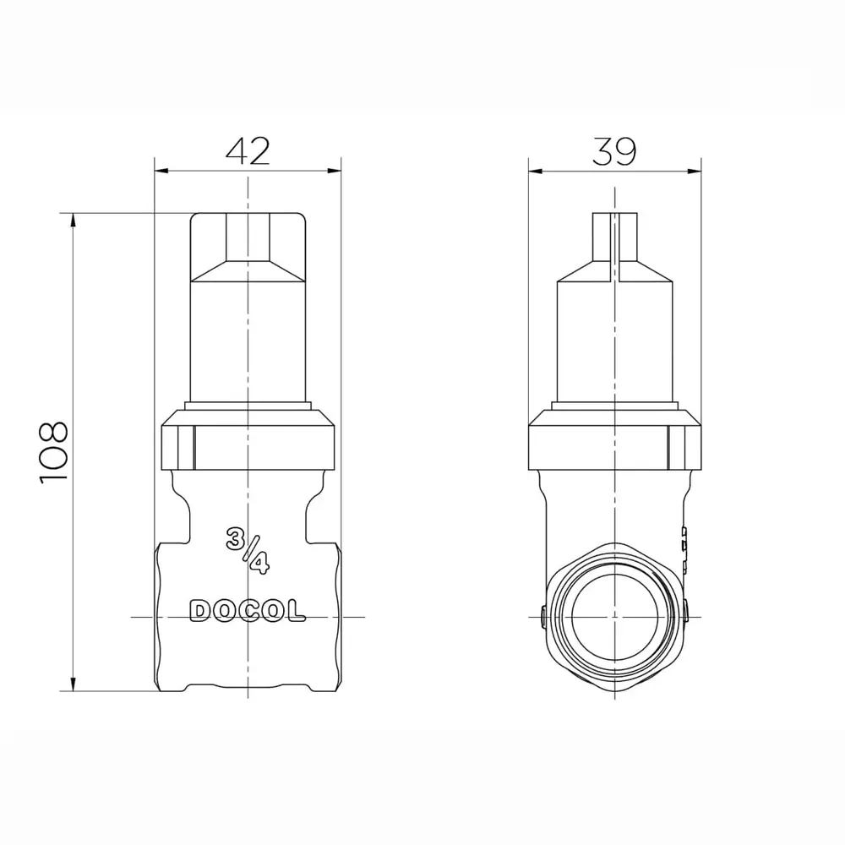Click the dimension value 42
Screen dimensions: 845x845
248,151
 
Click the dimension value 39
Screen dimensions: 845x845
614,151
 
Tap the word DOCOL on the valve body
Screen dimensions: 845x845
248,611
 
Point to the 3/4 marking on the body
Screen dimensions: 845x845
248,551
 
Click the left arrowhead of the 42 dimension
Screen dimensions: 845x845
161,171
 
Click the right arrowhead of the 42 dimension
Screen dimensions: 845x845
334,171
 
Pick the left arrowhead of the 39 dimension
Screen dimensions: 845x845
536,172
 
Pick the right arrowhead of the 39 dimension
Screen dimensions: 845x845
694,172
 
